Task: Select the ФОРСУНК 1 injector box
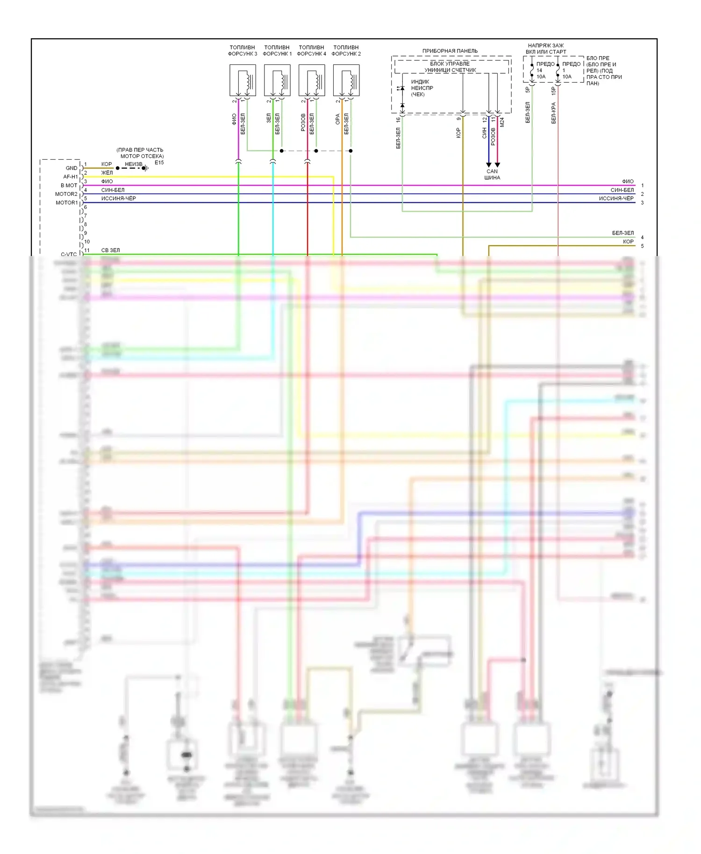(x=277, y=80)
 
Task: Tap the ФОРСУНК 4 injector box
(x=312, y=80)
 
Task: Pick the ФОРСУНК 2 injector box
(x=346, y=80)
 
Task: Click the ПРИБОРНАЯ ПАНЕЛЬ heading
(x=450, y=51)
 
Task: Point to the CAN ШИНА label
(x=492, y=174)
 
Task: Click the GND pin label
(x=72, y=168)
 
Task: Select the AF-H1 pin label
(x=71, y=177)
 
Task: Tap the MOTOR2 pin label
(x=66, y=194)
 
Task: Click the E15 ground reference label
(x=159, y=163)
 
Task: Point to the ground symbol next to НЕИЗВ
(x=146, y=168)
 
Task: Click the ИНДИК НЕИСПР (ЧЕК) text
(x=422, y=88)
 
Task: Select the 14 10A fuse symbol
(x=532, y=71)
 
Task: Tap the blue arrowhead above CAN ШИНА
(x=489, y=164)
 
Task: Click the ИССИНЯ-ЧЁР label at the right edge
(x=616, y=199)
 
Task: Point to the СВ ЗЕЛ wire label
(x=110, y=250)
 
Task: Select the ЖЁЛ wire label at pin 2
(x=107, y=173)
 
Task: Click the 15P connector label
(x=554, y=91)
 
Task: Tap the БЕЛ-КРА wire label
(x=554, y=113)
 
